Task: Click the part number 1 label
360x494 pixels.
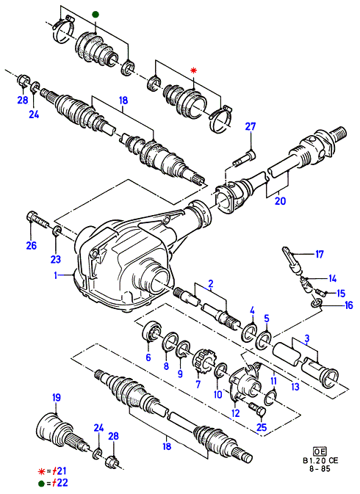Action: point(56,275)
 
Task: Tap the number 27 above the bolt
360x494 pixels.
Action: point(251,127)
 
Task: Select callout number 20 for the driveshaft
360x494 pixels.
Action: point(280,200)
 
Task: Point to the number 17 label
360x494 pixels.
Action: point(320,254)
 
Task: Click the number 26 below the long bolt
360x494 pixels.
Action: point(31,245)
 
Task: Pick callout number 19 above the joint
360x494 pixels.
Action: point(56,398)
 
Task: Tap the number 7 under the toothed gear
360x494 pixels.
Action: point(198,385)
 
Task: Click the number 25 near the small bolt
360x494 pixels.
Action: point(262,427)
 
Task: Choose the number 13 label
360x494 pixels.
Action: point(295,387)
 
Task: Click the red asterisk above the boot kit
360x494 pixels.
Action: point(193,71)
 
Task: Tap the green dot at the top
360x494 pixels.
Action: point(96,15)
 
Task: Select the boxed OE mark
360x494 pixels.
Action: point(320,451)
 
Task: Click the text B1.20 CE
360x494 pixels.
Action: point(320,460)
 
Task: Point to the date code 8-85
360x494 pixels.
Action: point(320,468)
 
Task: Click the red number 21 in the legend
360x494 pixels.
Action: point(61,471)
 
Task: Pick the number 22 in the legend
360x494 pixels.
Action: point(62,483)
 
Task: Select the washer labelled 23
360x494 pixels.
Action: point(57,231)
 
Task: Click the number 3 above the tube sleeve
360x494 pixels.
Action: point(306,338)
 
